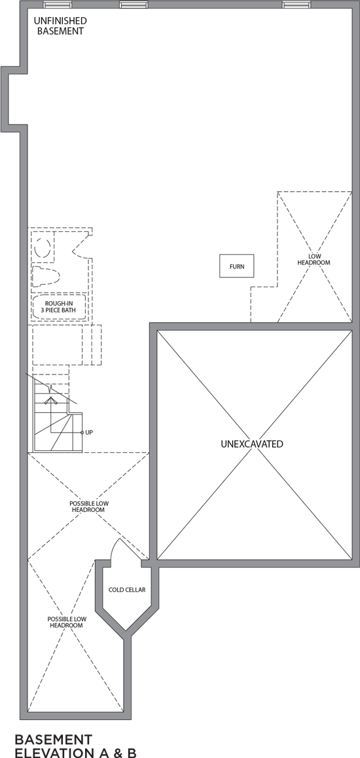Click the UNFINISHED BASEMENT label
point(60,26)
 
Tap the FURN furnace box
point(237,266)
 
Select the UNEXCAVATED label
point(252,444)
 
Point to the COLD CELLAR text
point(127,590)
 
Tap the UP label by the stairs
point(89,432)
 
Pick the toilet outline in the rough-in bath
point(45,276)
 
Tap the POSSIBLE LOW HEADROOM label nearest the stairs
point(89,507)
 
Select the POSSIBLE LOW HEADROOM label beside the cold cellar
point(67,622)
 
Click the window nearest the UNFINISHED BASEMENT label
point(58,5)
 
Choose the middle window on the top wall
point(134,5)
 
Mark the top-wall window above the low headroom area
point(297,5)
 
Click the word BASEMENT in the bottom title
point(53,740)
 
